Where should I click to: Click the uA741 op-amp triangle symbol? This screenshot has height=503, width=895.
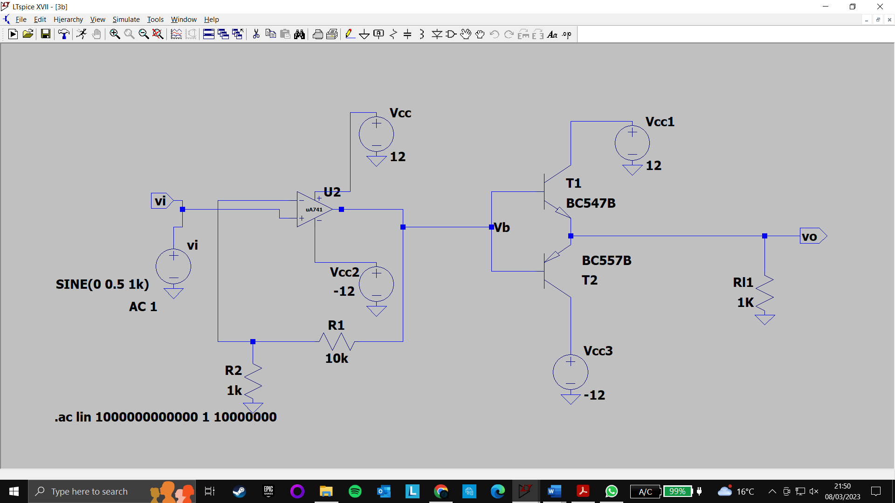coord(313,210)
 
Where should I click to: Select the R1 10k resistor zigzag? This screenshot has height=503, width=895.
coord(337,341)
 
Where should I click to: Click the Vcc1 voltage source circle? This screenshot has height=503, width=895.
coord(632,143)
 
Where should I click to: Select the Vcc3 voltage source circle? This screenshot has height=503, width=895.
coord(570,372)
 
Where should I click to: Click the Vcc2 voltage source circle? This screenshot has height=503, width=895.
coord(376,284)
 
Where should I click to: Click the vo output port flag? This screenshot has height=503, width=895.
coord(812,236)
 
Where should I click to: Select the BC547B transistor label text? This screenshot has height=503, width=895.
coord(591,203)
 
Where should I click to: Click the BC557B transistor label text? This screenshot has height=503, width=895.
coord(606,260)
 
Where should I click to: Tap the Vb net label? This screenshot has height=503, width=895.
coord(502,227)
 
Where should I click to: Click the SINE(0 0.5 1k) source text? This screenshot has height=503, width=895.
coord(102,284)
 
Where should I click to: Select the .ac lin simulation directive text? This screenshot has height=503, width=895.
coord(165,417)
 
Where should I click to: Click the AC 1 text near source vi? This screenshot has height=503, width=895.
coord(143,306)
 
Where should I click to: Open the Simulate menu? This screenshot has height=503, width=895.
coord(126,20)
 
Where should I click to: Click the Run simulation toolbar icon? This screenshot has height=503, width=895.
coord(82,34)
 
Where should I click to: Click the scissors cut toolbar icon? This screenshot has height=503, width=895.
coord(256,34)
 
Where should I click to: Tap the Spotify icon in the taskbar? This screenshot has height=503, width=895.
coord(355,491)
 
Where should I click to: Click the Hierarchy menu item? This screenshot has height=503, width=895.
coord(68,20)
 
